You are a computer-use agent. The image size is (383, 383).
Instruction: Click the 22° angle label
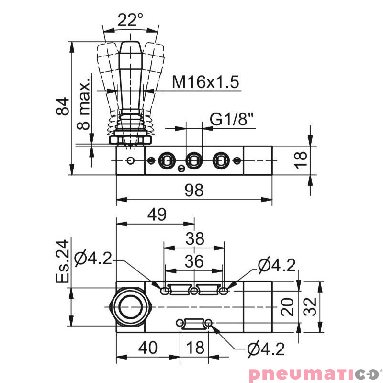[x=130, y=20]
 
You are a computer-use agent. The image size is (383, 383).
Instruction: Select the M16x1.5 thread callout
[x=205, y=82]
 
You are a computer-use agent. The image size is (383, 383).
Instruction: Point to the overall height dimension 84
[x=63, y=106]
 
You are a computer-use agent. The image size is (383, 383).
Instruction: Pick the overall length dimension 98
[x=194, y=190]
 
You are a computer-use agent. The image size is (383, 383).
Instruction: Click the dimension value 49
[x=157, y=214]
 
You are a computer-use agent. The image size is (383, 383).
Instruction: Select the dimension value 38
[x=195, y=238]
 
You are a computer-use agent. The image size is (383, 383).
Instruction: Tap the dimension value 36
[x=194, y=261]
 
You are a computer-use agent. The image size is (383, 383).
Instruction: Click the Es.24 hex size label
[x=63, y=261]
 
